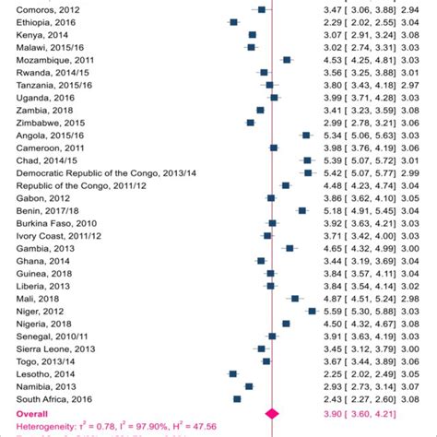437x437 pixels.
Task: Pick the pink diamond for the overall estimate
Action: pos(272,415)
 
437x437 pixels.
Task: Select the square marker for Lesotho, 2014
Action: pos(232,374)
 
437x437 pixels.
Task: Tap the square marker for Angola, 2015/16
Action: pos(306,135)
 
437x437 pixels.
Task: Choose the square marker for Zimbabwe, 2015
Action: pos(251,122)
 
